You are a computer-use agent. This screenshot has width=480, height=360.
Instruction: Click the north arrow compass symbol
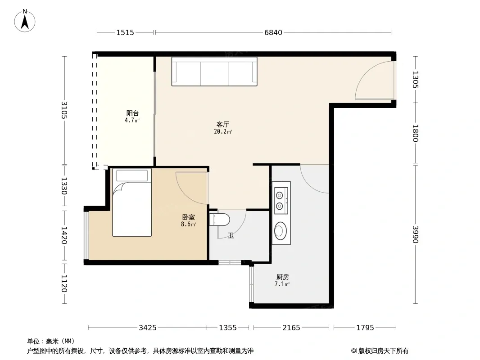pyautogui.click(x=25, y=21)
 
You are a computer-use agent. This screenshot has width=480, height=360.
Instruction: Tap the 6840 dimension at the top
pyautogui.click(x=273, y=32)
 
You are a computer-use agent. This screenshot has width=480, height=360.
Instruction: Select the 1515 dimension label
pyautogui.click(x=125, y=32)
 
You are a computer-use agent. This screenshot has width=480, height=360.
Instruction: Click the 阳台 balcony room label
pyautogui.click(x=132, y=113)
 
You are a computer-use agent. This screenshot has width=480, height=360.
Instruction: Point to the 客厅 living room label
pyautogui.click(x=222, y=125)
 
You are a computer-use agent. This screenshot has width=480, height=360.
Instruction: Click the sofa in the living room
pyautogui.click(x=214, y=71)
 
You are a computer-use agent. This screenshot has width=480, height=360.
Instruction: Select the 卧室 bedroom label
pyautogui.click(x=188, y=217)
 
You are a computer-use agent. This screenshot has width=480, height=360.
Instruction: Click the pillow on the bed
pyautogui.click(x=132, y=175)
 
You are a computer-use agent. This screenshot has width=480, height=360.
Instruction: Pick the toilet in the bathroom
pyautogui.click(x=220, y=220)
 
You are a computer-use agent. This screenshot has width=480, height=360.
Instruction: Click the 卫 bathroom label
pyautogui.click(x=231, y=235)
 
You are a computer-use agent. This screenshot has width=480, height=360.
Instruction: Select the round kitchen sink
pyautogui.click(x=280, y=230)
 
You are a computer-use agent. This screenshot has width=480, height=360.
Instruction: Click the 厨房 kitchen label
pyautogui.click(x=282, y=277)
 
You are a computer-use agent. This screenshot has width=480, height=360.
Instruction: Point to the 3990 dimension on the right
pyautogui.click(x=416, y=234)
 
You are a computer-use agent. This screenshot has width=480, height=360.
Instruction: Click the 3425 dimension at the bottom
pyautogui.click(x=148, y=328)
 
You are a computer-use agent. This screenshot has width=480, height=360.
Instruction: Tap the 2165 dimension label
pyautogui.click(x=291, y=328)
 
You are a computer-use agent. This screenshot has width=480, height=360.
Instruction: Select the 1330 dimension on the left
pyautogui.click(x=64, y=186)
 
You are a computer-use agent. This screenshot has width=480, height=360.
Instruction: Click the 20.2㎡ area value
pyautogui.click(x=223, y=132)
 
